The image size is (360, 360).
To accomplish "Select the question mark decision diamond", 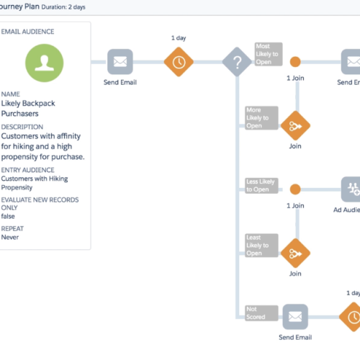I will (x=237, y=63).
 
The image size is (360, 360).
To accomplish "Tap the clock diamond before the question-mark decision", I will (x=179, y=63).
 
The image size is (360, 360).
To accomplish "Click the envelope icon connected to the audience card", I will (x=121, y=63).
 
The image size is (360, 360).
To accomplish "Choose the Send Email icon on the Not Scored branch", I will (x=294, y=317).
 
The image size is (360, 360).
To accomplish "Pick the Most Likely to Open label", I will (x=268, y=55).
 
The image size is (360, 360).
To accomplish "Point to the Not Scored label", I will (x=256, y=312).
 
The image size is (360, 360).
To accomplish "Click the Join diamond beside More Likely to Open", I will (x=294, y=126).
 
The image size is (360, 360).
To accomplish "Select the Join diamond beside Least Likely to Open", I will (x=294, y=253).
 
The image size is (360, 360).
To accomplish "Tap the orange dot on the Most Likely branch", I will (x=294, y=63).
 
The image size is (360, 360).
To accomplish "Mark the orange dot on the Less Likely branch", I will (x=294, y=190).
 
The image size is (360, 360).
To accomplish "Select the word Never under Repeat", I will (x=11, y=236).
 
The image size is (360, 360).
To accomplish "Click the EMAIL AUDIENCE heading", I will (x=28, y=32).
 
